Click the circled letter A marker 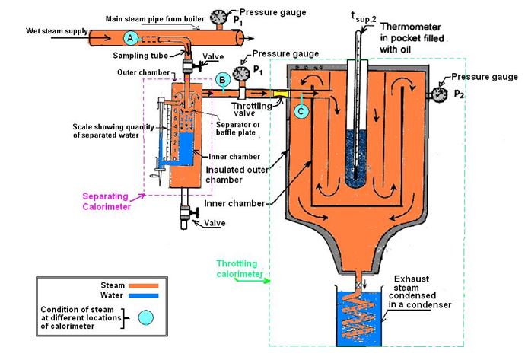tap(130, 37)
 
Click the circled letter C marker tap(301, 111)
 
